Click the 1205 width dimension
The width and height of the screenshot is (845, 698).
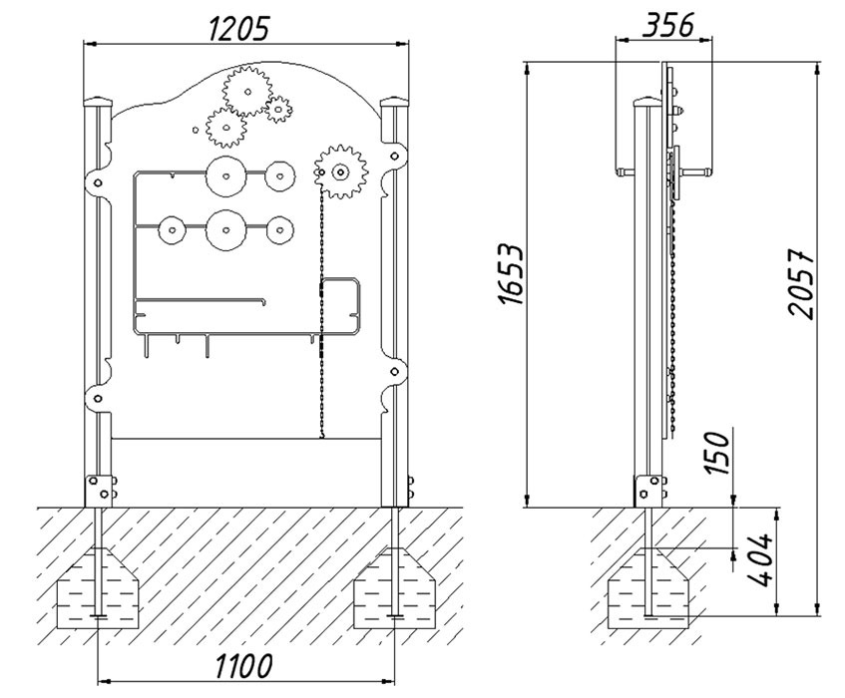(237, 29)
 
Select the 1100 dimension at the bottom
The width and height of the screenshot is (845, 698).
(244, 666)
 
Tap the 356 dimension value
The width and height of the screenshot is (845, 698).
(667, 25)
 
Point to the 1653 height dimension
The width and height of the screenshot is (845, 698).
(511, 274)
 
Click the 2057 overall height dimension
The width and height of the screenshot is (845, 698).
(801, 283)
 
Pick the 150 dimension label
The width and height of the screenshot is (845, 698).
(717, 453)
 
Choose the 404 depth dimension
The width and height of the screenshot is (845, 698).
(761, 560)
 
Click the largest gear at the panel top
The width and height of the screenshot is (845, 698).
(247, 92)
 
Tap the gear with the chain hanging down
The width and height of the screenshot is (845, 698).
(340, 173)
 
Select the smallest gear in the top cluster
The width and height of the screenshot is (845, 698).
(278, 110)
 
